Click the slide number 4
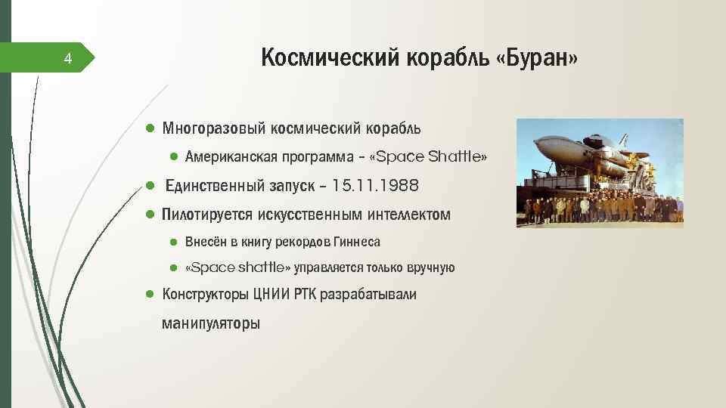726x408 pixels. (67, 58)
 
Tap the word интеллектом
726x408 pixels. (408, 215)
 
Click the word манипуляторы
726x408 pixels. (210, 323)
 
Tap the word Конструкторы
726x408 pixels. (200, 294)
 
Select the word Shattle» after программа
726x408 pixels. (458, 157)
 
